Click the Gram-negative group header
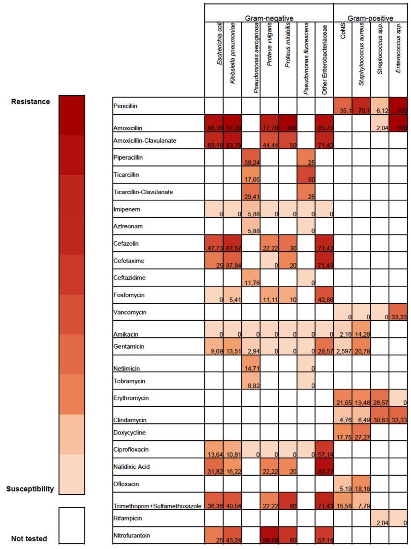[x=269, y=18]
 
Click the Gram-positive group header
[x=370, y=18]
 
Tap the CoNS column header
[x=343, y=31]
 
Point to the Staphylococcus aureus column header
[x=361, y=54]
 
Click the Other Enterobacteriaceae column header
[x=324, y=60]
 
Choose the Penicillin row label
[x=125, y=106]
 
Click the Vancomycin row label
[x=130, y=312]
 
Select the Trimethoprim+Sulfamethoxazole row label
[x=157, y=506]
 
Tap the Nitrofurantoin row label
[x=132, y=536]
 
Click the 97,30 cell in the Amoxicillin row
[x=232, y=123]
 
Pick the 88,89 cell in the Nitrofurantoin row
[x=269, y=536]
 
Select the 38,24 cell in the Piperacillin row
[x=251, y=158]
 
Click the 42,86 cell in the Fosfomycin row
[x=324, y=295]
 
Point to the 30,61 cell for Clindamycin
[x=380, y=415]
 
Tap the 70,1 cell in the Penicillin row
[x=361, y=106]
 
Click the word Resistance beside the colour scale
[x=30, y=102]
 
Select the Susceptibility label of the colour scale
[x=30, y=489]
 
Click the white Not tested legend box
[x=72, y=525]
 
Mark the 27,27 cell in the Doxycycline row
[x=361, y=433]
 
